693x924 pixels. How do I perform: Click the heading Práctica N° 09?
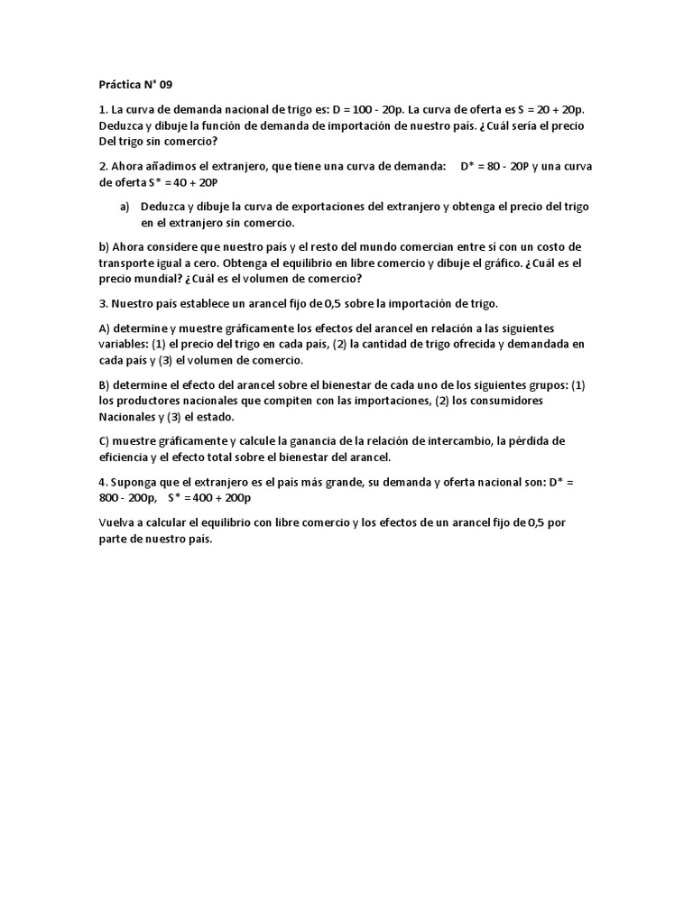[134, 85]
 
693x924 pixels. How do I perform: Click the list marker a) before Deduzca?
[125, 207]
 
